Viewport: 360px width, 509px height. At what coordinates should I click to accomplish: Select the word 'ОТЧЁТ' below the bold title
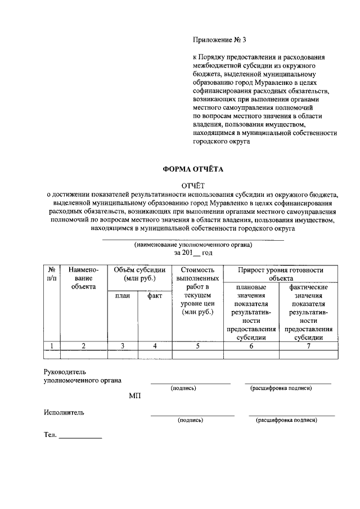(193, 186)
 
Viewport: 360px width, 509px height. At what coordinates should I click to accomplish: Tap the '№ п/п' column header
(52, 274)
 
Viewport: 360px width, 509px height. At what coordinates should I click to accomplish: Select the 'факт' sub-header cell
(155, 296)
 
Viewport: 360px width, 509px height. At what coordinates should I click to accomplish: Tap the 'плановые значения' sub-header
(251, 312)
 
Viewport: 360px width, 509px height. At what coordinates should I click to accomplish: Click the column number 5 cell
(197, 346)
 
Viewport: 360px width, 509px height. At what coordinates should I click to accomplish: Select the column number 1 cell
(52, 346)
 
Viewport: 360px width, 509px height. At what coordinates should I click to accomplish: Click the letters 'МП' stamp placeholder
(134, 395)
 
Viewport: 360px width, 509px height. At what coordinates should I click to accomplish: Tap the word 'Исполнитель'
(64, 412)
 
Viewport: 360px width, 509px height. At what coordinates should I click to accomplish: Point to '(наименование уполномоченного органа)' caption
(193, 245)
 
